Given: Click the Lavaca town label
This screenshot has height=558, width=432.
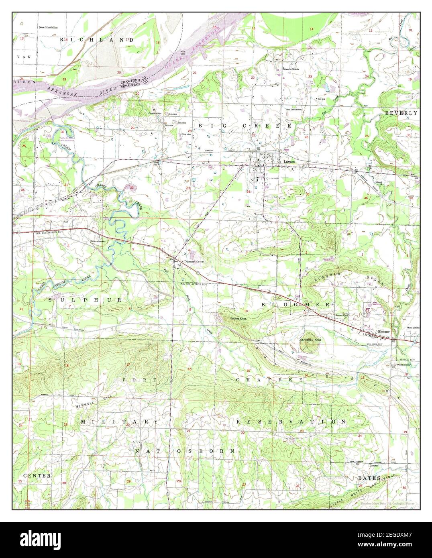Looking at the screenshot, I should (x=289, y=161).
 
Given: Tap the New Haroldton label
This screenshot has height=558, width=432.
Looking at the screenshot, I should (x=48, y=27).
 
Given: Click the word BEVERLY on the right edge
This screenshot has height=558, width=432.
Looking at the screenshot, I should (x=401, y=113).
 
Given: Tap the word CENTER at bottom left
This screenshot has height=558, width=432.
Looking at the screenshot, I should (x=37, y=475).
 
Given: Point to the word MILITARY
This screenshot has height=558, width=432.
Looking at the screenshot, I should (x=119, y=422).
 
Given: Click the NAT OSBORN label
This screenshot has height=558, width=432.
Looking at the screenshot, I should (x=185, y=451).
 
